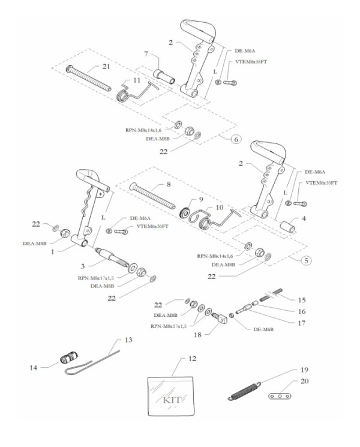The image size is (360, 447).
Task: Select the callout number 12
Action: pyautogui.click(x=192, y=359)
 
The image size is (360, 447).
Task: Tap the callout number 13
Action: pyautogui.click(x=127, y=340)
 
